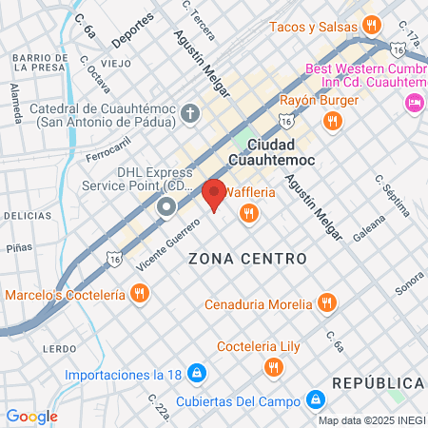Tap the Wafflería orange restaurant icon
point(248,214)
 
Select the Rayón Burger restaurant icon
point(332,120)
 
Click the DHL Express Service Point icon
point(166,206)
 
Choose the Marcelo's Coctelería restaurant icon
point(140,293)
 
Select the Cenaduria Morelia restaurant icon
point(327,303)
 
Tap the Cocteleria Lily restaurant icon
point(274,365)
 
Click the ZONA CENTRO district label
point(247,259)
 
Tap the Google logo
point(31,416)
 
